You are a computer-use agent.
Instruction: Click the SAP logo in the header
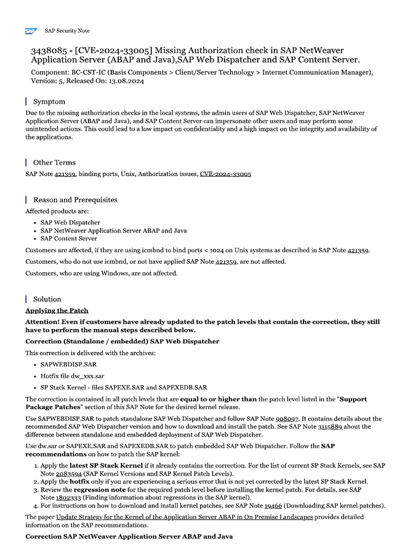(x=31, y=31)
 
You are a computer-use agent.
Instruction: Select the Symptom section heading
(x=49, y=101)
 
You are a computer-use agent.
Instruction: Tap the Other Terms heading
(x=54, y=162)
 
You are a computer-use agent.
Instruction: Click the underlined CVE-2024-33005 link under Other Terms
(x=225, y=174)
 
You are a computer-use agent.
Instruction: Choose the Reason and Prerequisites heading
(x=75, y=199)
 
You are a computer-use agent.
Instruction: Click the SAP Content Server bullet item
(x=69, y=239)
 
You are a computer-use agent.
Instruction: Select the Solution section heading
(x=47, y=299)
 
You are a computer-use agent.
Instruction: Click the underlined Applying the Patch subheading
(x=57, y=310)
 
